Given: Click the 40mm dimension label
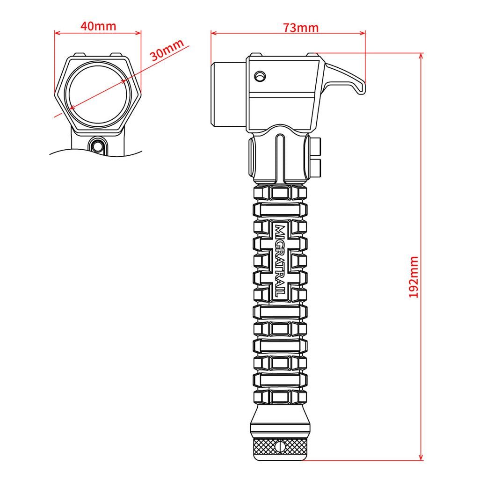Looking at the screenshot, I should click(98, 26).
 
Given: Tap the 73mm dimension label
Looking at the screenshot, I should click(300, 28).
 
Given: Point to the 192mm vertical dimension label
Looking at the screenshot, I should click(414, 277).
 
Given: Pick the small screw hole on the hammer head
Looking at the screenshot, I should click(260, 75).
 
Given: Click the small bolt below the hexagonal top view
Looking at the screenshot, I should click(98, 145).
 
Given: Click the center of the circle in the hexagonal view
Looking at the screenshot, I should click(98, 94).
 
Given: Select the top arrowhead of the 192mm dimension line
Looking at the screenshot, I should click(421, 55).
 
